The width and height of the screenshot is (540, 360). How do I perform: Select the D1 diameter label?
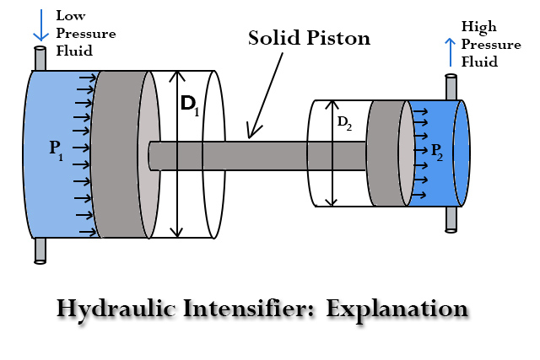tap(189, 105)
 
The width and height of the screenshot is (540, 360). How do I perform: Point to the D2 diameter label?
tap(345, 122)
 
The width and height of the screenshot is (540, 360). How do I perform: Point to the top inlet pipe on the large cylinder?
tap(40, 59)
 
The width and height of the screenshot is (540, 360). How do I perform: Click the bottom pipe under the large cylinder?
tap(40, 250)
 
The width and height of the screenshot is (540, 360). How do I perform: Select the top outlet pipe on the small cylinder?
tap(451, 87)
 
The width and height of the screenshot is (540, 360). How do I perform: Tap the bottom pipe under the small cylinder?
tap(451, 218)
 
